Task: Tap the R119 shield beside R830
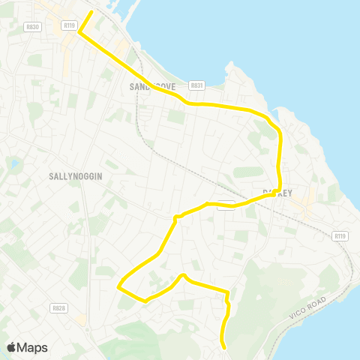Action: (x=70, y=25)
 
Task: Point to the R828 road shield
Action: (x=58, y=308)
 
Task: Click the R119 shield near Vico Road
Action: (x=340, y=236)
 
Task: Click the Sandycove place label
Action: (x=151, y=87)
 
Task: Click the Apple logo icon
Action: (x=12, y=347)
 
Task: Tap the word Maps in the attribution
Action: (x=33, y=347)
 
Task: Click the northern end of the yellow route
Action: (x=91, y=12)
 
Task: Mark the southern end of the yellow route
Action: (x=224, y=346)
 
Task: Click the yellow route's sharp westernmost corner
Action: (x=118, y=286)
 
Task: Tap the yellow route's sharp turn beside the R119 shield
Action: (x=79, y=31)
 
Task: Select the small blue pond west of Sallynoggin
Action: (x=13, y=163)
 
